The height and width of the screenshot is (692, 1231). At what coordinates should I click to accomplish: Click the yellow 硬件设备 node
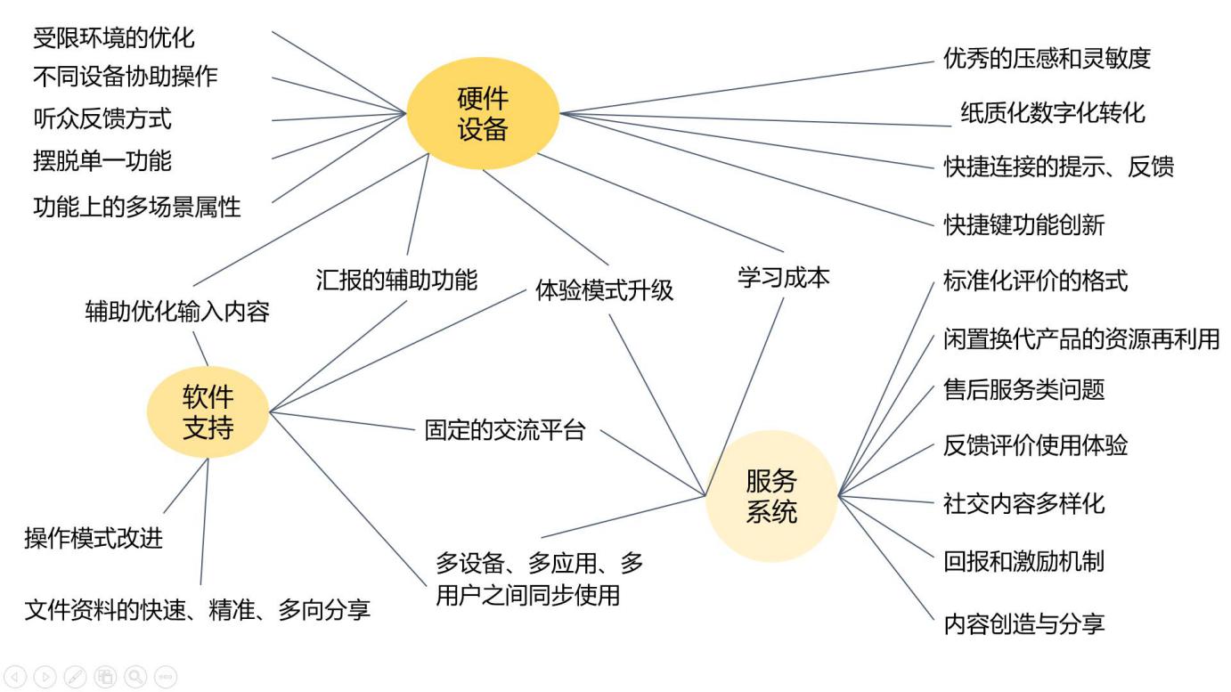click(483, 113)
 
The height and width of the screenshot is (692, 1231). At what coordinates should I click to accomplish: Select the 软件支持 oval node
click(208, 412)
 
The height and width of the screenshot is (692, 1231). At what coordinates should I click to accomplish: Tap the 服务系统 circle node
click(771, 496)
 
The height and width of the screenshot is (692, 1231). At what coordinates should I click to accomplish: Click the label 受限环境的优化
click(113, 38)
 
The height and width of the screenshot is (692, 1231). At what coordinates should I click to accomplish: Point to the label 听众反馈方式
click(102, 118)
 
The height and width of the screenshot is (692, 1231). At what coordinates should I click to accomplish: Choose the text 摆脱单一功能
click(102, 161)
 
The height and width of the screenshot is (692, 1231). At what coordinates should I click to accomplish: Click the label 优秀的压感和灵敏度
click(1047, 59)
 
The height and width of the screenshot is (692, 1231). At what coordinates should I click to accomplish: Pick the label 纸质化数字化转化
click(1053, 113)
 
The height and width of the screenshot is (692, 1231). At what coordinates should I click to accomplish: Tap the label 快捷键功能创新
click(1023, 224)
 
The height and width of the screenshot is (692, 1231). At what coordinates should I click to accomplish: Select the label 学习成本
click(784, 277)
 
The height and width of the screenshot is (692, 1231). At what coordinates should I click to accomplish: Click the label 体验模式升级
click(605, 290)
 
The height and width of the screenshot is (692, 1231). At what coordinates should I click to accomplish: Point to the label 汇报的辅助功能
click(396, 280)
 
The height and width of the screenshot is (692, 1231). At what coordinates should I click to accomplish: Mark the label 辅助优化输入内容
click(177, 312)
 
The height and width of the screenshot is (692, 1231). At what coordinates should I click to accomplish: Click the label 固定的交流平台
click(505, 431)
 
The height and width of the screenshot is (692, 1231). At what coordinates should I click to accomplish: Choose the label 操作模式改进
click(94, 538)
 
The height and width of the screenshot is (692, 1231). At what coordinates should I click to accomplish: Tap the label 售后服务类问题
click(1023, 389)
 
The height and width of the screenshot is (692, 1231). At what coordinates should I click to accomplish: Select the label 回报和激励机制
click(1023, 562)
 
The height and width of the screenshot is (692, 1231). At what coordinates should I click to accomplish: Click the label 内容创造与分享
click(1023, 623)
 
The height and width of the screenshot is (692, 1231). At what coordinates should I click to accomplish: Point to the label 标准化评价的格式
click(1035, 281)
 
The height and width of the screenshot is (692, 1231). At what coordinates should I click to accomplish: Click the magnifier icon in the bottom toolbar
click(135, 677)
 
